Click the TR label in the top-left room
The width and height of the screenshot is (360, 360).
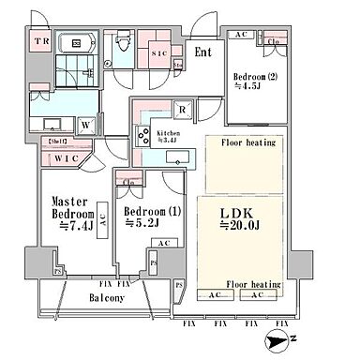(x=41, y=43)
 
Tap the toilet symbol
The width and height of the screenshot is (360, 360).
(x=121, y=43)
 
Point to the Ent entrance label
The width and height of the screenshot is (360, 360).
(x=203, y=52)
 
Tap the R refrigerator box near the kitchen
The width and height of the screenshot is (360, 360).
(x=181, y=110)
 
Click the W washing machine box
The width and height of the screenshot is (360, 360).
(x=85, y=122)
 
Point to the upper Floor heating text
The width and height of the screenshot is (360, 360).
(x=247, y=144)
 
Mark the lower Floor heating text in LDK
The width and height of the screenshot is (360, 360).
(x=252, y=282)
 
